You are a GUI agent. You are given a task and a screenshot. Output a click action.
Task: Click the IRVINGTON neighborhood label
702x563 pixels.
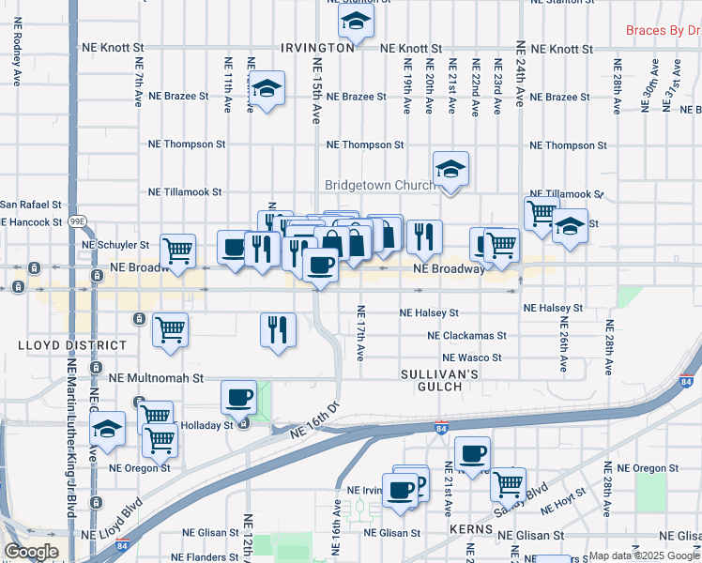[316, 47]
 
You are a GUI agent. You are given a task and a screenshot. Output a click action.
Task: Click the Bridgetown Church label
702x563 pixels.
[379, 185]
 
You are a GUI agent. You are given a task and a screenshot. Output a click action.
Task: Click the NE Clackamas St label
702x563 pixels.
[466, 335]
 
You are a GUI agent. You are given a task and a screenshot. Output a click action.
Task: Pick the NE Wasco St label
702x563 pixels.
[472, 358]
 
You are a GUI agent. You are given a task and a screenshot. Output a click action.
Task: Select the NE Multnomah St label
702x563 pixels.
[156, 378]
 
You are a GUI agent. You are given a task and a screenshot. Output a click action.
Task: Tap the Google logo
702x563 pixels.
[31, 552]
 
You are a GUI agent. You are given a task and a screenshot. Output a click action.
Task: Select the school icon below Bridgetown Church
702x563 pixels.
[450, 169]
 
